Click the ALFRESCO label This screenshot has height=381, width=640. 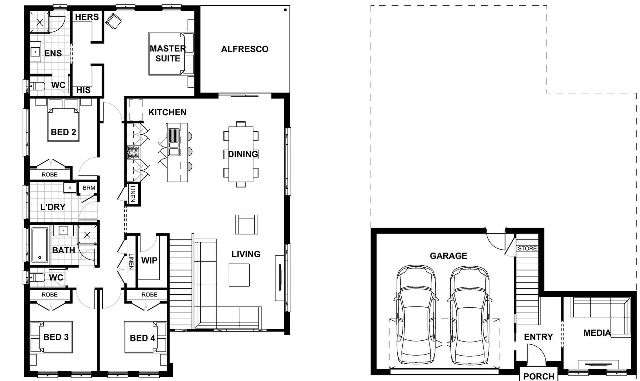(x=245, y=49)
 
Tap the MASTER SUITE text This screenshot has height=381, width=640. (x=167, y=53)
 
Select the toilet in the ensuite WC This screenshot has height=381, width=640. (x=37, y=86)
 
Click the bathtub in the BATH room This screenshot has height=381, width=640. (x=39, y=245)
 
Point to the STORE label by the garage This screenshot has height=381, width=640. (x=527, y=248)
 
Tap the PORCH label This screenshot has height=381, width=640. (x=538, y=376)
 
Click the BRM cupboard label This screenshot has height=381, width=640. (x=89, y=188)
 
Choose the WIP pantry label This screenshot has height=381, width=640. (x=149, y=260)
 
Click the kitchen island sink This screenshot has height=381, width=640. (x=173, y=143)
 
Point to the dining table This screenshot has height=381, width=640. (x=241, y=154)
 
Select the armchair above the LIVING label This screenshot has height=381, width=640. (x=246, y=224)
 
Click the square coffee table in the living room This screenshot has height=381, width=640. (x=239, y=275)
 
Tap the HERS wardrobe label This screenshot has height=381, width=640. (x=87, y=17)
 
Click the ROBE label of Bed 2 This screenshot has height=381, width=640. (x=49, y=174)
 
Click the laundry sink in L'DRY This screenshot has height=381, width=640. (x=70, y=187)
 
